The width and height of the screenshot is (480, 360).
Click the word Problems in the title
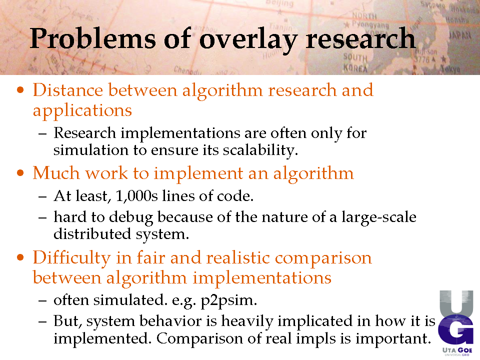tap(93, 38)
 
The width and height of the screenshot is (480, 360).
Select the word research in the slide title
tap(360, 38)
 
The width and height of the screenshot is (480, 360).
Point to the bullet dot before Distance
tap(20, 90)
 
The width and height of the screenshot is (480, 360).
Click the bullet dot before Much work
tap(20, 173)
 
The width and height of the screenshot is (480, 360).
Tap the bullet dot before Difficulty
tap(20, 257)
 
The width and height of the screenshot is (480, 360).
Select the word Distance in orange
tap(68, 90)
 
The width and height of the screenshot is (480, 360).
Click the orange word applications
tap(82, 111)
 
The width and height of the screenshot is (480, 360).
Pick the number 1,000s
tap(137, 196)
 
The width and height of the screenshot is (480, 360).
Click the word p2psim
tap(228, 300)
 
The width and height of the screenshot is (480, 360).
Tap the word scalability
tap(260, 150)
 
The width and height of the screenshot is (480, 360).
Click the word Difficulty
tap(72, 258)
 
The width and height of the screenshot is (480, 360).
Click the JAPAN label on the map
tap(460, 35)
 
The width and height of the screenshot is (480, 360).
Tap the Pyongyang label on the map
tap(370, 24)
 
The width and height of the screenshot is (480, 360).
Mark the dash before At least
tap(42, 196)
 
